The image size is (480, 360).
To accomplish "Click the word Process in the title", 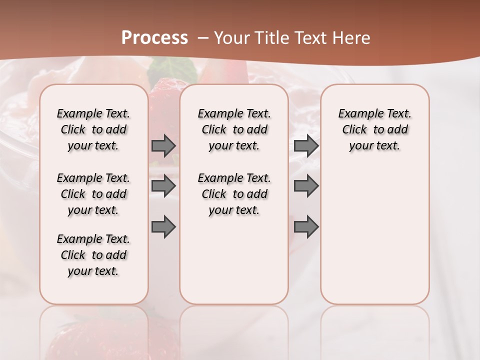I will [x=154, y=38].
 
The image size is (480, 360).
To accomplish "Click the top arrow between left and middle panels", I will [x=163, y=146].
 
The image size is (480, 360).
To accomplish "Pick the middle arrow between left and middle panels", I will [x=163, y=186].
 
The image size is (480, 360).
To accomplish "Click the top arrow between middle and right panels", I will [x=306, y=146].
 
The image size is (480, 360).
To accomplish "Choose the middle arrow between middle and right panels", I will [x=306, y=186].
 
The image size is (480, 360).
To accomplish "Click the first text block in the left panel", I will [x=93, y=129].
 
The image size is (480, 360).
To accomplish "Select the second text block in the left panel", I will [x=93, y=194].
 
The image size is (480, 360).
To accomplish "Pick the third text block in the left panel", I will [x=93, y=255].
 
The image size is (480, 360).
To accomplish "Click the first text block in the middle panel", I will [x=234, y=129].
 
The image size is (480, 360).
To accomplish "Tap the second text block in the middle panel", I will [x=234, y=194].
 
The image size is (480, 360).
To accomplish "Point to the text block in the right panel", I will [x=374, y=129].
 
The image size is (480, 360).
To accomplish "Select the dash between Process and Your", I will [x=203, y=38].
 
